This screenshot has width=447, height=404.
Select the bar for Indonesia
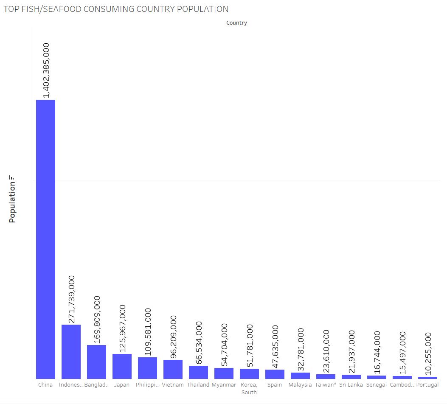tap(71, 351)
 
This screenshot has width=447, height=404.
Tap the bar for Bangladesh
tap(96, 362)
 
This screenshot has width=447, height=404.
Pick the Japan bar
tap(122, 366)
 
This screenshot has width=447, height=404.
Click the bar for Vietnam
tap(173, 369)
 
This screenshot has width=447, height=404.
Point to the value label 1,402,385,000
tap(46, 70)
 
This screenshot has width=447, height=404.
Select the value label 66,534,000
tap(199, 342)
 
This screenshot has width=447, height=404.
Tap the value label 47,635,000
tap(275, 347)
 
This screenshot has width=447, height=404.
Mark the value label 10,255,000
tap(428, 353)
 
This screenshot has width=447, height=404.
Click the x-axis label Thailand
tap(198, 385)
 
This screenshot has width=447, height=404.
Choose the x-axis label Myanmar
tap(224, 385)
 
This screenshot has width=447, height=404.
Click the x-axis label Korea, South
tap(249, 388)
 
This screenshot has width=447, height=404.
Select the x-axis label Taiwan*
tap(326, 385)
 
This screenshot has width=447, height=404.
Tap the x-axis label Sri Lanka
tap(351, 385)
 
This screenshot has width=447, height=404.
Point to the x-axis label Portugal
tap(427, 385)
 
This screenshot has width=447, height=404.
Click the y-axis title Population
tap(12, 202)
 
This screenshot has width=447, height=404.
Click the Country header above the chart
tap(236, 23)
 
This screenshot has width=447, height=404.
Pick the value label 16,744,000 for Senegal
tap(377, 352)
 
